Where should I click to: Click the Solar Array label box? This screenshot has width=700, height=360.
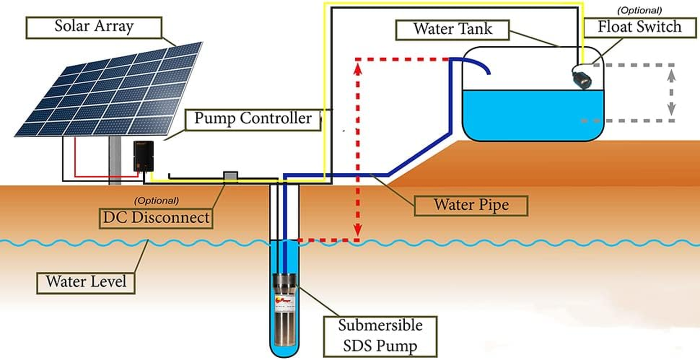[x=94, y=27]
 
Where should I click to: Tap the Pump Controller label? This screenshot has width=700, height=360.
[x=253, y=119]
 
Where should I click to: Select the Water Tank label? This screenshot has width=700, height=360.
[x=453, y=29]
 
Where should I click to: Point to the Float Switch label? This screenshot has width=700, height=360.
[x=639, y=27]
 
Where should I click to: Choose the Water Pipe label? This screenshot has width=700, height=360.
[x=471, y=205]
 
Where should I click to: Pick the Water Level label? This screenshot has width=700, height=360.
[x=86, y=282]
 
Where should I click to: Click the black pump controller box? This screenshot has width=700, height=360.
[x=144, y=156]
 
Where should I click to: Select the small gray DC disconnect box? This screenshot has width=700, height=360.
[x=231, y=177]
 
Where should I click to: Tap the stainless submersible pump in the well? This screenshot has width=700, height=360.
[x=285, y=310]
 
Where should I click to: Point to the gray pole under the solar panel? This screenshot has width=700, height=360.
[x=115, y=160]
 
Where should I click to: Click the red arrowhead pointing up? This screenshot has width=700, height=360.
[x=358, y=68]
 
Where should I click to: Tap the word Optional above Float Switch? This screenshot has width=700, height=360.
[x=639, y=10]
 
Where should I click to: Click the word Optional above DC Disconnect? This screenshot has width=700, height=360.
[x=156, y=200]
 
